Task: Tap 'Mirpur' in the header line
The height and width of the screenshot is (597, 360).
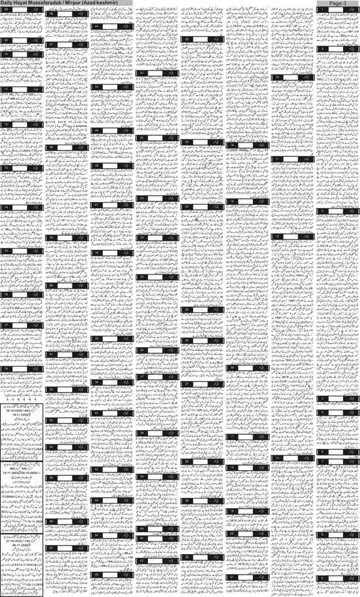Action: (78, 3)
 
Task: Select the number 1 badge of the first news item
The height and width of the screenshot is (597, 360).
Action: (320, 11)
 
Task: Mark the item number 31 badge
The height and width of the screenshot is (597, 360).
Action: (142, 73)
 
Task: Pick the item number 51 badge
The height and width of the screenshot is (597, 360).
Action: (96, 413)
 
